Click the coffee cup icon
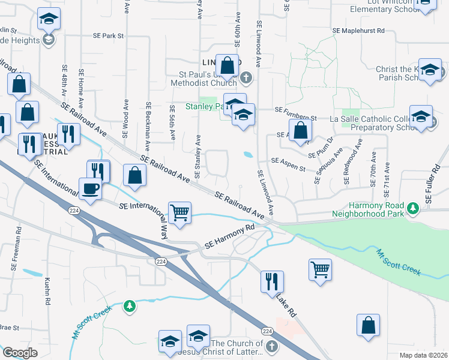coord(90,188)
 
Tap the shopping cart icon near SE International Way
coord(180,212)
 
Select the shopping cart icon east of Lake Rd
coord(321,269)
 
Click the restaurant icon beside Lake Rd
coord(273,280)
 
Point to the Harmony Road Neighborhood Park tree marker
coord(412,208)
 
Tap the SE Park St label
coord(108,36)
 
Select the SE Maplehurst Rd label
coord(358,30)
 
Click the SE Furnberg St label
coord(295,110)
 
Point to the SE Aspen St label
coord(289,161)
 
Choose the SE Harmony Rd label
coord(230,237)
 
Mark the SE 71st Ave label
coord(387,180)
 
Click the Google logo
coord(20,353)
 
